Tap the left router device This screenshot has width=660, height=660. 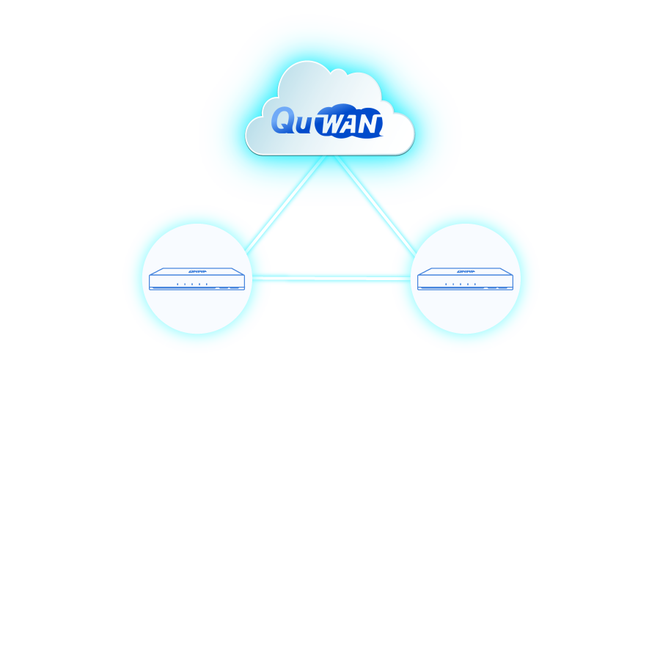[196, 279]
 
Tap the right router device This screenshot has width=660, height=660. [465, 279]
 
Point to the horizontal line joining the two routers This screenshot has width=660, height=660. [330, 276]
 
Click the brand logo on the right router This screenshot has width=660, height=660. [466, 270]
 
